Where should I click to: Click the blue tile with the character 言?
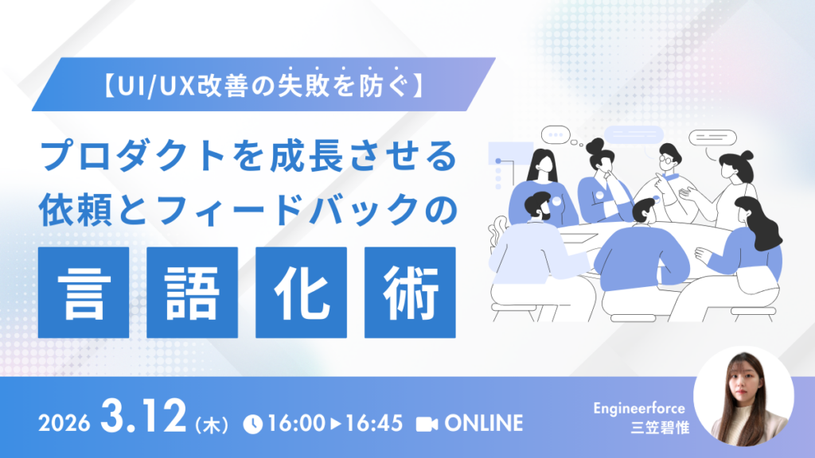point(84,293)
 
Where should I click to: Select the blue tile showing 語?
point(193,293)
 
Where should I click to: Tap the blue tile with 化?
point(302,293)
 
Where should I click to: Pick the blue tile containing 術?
point(410,293)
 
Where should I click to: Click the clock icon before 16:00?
point(253,424)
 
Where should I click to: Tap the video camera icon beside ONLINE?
point(427,424)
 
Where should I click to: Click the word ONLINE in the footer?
point(483,424)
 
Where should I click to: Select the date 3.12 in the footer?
point(143,416)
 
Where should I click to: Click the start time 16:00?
point(296,424)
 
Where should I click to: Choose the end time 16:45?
point(374,424)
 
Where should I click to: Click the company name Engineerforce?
point(639,409)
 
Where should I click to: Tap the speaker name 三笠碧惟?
point(660,428)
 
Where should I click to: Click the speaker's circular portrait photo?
point(744,396)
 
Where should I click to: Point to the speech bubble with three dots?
point(556,135)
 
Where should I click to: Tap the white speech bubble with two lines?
point(712,138)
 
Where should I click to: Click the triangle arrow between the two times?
point(336,424)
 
